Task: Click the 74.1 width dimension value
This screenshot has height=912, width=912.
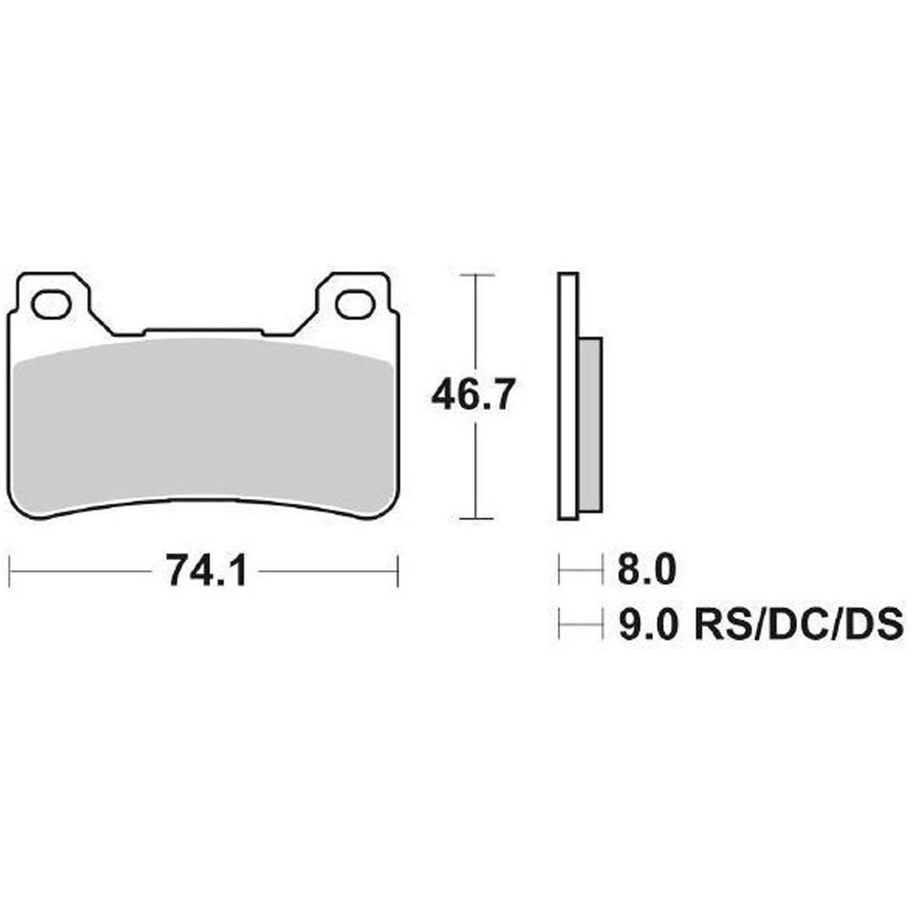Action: tap(207, 571)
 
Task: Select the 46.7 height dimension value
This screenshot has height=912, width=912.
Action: tap(473, 395)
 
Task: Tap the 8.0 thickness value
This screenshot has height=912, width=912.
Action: tap(646, 569)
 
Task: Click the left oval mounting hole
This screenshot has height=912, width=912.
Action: tap(51, 304)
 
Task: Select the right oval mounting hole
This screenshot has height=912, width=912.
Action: tap(356, 304)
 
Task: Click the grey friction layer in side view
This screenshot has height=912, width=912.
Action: tap(590, 424)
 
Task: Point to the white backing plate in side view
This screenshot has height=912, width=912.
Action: tap(567, 396)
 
